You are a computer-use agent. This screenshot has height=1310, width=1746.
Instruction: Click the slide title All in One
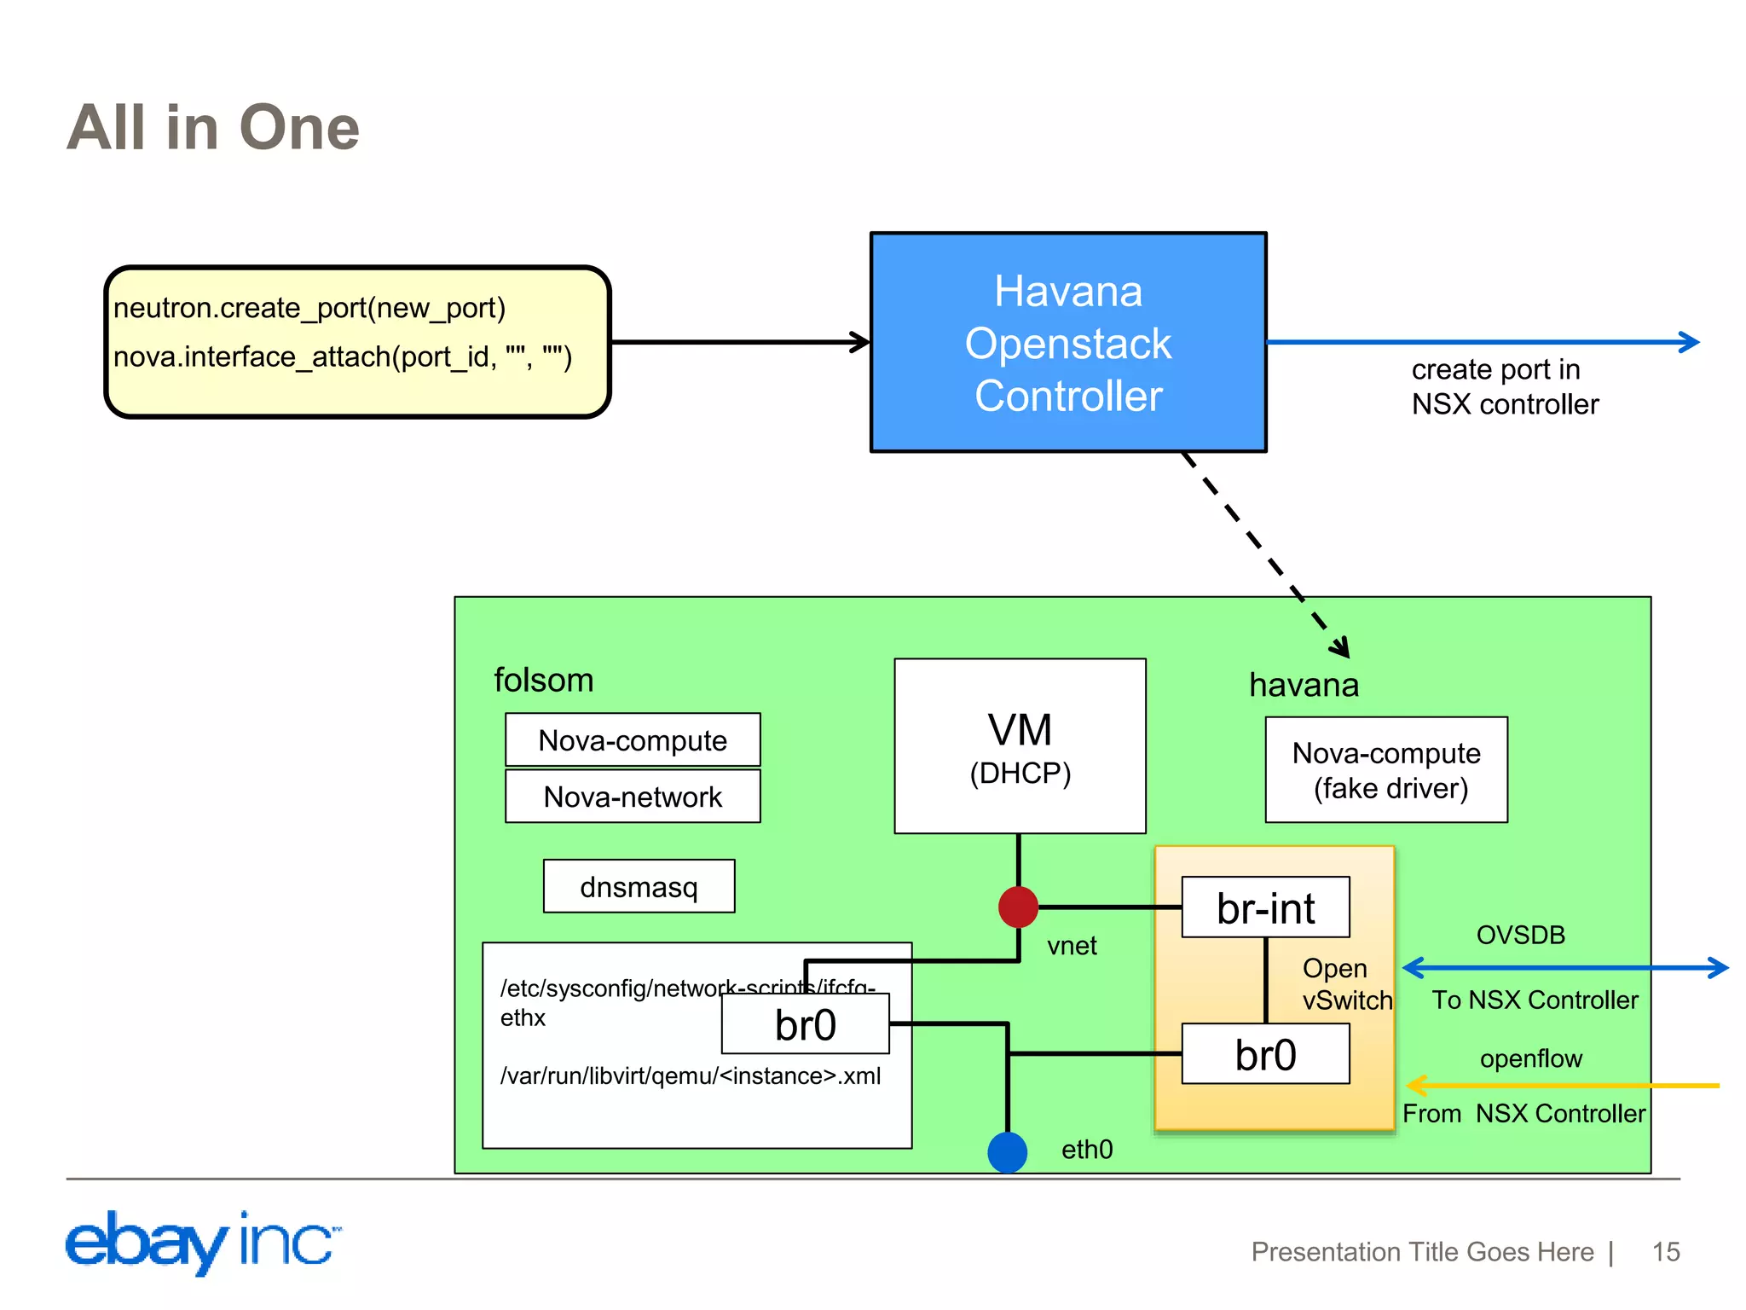pos(213,128)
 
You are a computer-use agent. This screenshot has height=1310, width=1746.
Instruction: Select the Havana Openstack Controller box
pos(1067,342)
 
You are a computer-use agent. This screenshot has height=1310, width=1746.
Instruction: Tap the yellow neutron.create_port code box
pos(357,342)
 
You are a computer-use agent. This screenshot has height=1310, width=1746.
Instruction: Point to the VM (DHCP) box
pos(1020,745)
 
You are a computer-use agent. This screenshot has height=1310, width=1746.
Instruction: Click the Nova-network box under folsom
pos(632,797)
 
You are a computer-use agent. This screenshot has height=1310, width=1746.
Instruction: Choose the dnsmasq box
pos(639,887)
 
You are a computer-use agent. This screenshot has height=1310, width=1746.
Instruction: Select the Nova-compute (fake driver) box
pos(1385,769)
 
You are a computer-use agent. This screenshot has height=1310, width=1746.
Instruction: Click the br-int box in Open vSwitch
pos(1265,907)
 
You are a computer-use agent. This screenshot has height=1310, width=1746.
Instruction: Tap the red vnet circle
pos(1018,907)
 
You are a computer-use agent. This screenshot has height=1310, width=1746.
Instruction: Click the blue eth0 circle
pos(1007,1152)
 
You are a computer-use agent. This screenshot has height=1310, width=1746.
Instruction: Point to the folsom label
pos(544,680)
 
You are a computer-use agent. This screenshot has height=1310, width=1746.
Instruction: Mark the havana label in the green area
pos(1304,685)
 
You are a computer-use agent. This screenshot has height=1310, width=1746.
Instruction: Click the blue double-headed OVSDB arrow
pos(1564,967)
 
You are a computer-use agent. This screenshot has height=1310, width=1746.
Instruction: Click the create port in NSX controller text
pos(1504,386)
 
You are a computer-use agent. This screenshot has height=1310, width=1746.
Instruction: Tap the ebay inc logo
pos(203,1242)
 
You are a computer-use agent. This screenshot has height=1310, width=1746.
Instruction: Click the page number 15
pos(1665,1251)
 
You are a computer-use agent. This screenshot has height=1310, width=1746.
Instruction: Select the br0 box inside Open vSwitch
pos(1265,1054)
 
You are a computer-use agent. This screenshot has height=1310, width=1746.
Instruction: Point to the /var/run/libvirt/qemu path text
pos(691,1075)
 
